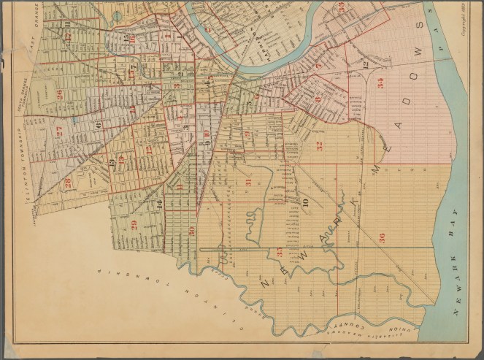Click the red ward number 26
coord(58,94)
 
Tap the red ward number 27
coord(58,132)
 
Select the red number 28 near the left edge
coord(67,183)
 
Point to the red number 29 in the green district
coord(134,224)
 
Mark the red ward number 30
coord(191,231)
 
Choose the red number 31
coord(248,183)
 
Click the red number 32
coord(319,145)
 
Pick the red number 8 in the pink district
coord(318,99)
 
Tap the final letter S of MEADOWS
coord(419,26)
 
